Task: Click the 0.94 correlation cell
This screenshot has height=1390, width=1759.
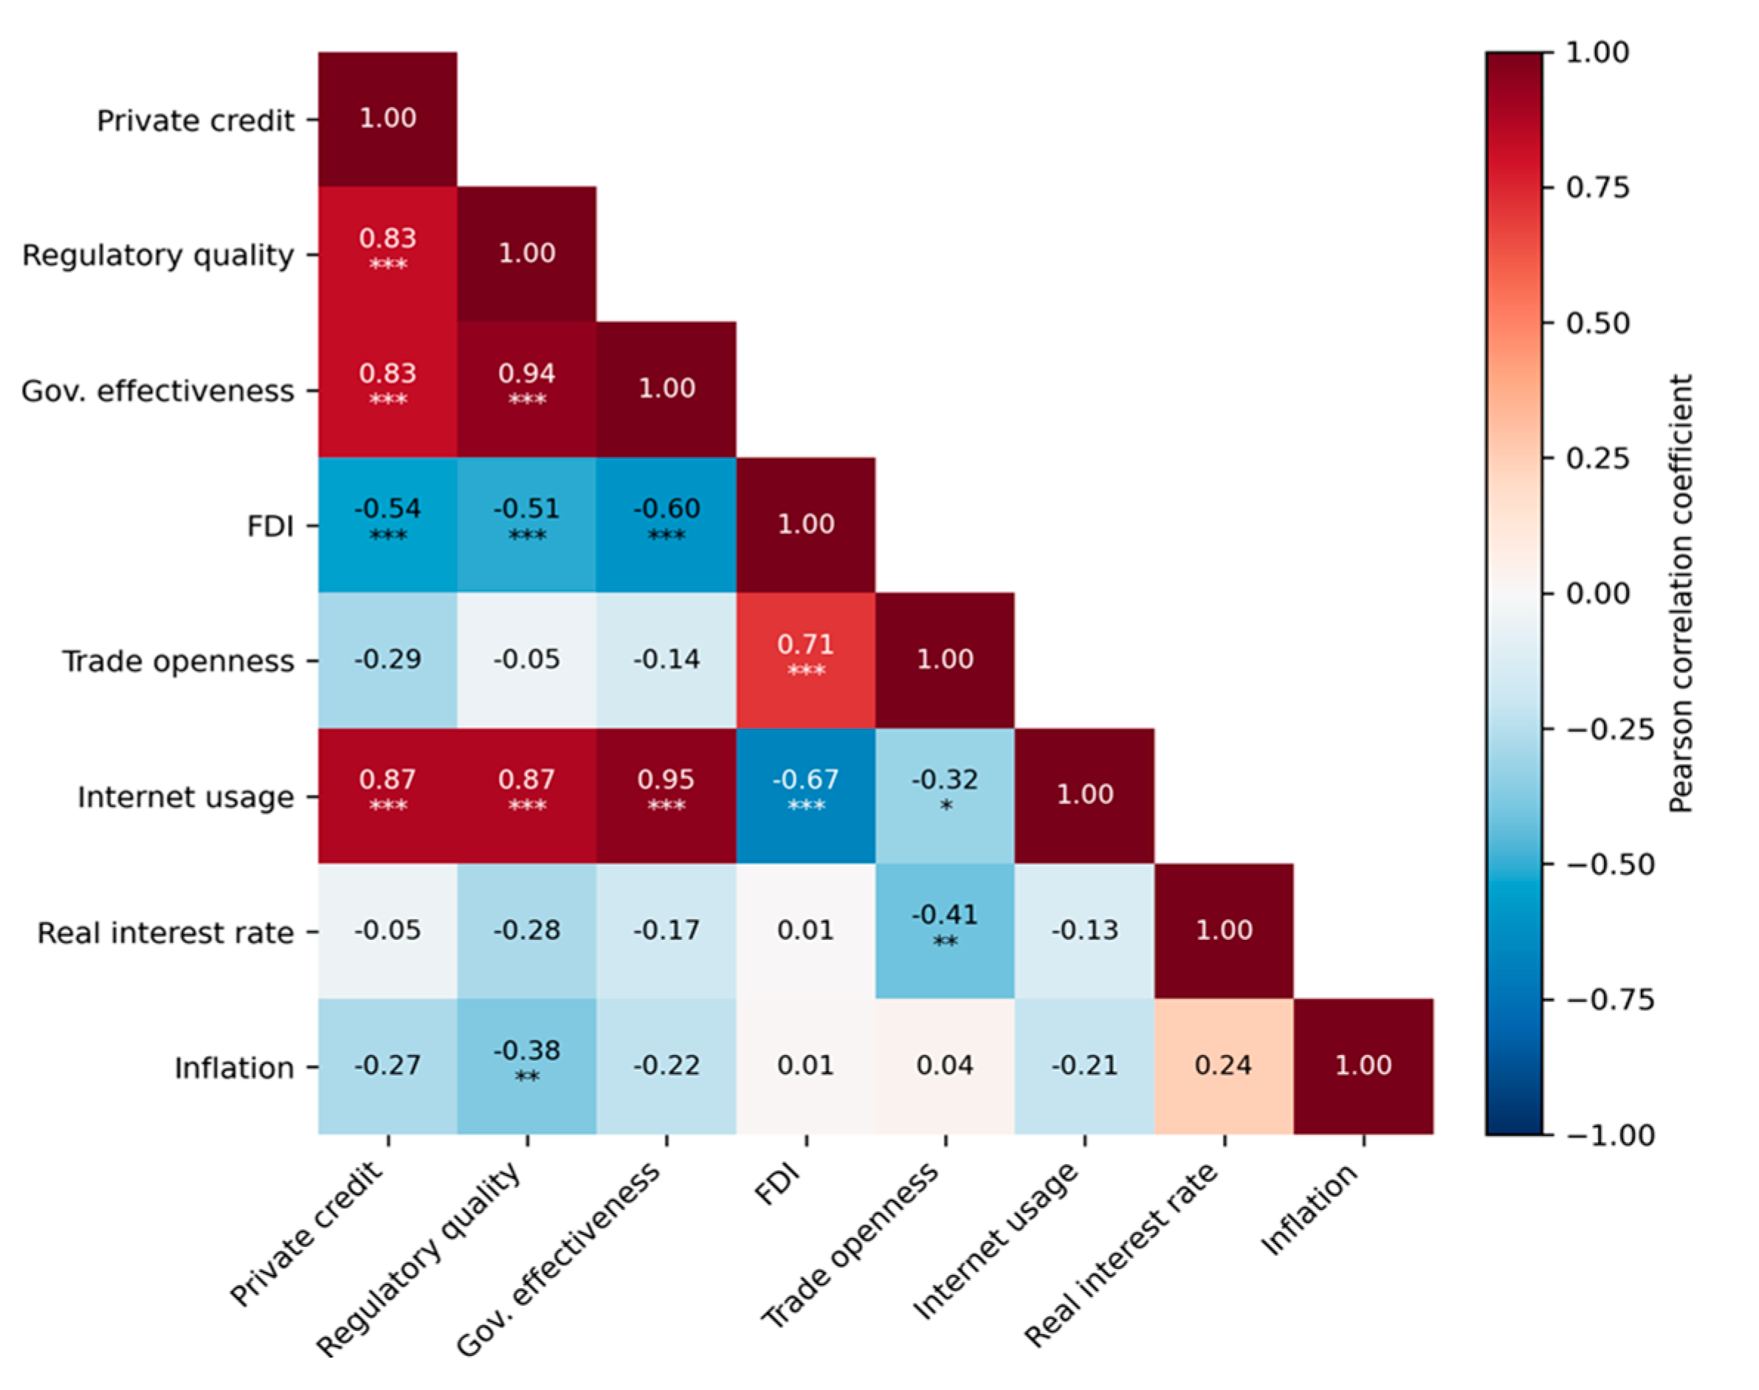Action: tap(526, 389)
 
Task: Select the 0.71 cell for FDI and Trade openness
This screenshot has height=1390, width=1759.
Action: tap(806, 660)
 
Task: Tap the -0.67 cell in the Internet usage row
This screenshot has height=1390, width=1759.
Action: tap(806, 795)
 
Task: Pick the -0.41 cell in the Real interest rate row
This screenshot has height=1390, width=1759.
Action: tap(945, 931)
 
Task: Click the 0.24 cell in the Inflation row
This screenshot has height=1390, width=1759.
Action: tap(1223, 1066)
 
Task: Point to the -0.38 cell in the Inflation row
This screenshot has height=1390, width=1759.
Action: tap(526, 1066)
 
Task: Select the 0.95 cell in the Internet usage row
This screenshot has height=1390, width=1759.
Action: tap(667, 795)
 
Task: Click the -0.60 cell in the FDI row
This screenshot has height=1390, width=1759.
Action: tap(667, 525)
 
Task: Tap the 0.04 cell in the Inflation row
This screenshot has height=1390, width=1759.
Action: tap(945, 1066)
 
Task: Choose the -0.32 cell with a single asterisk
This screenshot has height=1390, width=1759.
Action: tap(945, 795)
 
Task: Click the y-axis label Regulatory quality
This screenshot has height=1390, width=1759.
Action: tap(158, 255)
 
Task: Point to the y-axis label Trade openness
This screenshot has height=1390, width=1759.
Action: tap(178, 662)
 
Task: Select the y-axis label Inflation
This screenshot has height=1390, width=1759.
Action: tap(235, 1068)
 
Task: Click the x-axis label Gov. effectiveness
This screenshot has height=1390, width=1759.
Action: tap(557, 1258)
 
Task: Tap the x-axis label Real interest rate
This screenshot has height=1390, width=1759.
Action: tap(1120, 1254)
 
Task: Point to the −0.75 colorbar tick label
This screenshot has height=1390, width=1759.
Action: tap(1610, 1000)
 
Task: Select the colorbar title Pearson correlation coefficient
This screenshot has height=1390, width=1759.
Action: tap(1681, 593)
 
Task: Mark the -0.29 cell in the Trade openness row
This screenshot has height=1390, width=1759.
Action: tap(388, 660)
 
